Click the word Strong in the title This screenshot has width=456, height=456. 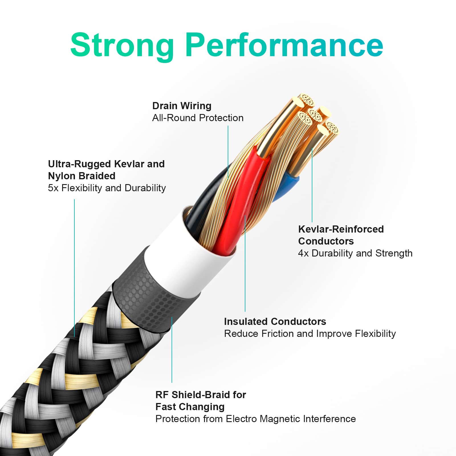click(122, 46)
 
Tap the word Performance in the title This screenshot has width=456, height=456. click(284, 45)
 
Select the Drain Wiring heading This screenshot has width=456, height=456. click(182, 106)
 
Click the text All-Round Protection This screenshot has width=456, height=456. click(198, 118)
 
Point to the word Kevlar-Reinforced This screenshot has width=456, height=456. click(341, 229)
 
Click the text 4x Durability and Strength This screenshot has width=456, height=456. click(355, 253)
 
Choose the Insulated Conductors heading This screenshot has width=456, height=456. click(275, 321)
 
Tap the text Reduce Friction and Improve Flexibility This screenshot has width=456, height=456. click(310, 333)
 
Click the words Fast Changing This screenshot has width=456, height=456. click(190, 407)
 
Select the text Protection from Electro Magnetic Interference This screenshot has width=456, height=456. click(256, 419)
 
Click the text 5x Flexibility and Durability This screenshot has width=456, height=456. click(107, 188)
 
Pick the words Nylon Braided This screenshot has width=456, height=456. click(82, 176)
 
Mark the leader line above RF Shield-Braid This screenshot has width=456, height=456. click(172, 350)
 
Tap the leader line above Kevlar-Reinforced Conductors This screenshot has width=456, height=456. click(312, 185)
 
